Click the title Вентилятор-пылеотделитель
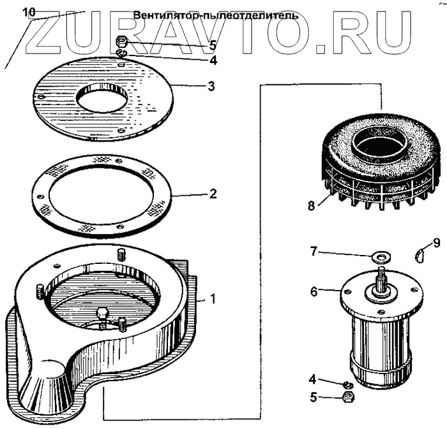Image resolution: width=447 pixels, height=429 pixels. point(216,15)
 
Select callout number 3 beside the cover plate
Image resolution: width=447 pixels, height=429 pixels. point(211,85)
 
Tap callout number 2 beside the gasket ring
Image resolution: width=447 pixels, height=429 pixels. point(213,193)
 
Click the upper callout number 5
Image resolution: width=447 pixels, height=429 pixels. point(213,45)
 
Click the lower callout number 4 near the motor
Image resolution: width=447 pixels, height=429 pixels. point(313,379)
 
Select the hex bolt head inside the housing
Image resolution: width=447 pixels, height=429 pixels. point(102,314)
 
